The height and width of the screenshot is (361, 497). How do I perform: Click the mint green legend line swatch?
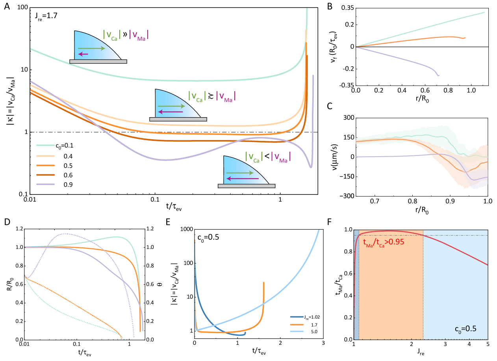45,146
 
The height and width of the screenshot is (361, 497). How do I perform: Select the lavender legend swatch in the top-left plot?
45,184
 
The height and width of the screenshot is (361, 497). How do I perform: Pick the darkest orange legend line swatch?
45,175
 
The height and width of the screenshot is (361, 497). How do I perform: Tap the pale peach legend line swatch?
45,155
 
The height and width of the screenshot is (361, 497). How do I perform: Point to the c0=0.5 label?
465,328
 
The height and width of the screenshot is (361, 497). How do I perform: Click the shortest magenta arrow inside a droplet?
83,54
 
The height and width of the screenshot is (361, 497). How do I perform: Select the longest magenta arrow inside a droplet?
243,179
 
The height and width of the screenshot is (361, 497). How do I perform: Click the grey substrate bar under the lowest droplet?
247,186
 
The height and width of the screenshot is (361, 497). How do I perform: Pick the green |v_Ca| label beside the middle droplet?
196,97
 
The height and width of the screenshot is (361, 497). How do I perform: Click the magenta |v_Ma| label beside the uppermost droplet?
139,36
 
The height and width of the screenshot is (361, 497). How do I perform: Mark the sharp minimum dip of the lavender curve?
310,167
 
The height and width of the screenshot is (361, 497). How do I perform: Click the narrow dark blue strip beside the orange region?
356,284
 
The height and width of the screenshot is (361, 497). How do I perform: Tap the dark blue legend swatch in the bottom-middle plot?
297,317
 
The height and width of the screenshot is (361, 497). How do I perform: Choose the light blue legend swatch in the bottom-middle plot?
297,331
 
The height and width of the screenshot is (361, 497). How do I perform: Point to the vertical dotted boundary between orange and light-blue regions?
423,284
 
